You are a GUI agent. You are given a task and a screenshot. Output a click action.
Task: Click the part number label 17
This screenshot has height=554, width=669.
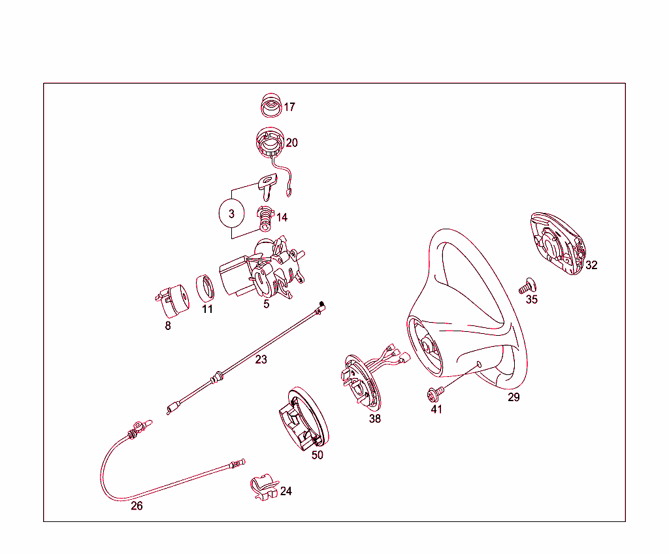click(289, 107)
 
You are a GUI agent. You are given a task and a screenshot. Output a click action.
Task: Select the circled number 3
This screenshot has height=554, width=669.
click(231, 214)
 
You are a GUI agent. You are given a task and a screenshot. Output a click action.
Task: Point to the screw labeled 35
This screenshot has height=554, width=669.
click(527, 285)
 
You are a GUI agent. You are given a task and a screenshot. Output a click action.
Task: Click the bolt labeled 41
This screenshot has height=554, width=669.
click(433, 393)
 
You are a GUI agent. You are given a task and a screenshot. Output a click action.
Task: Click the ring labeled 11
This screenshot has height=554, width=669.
click(206, 287)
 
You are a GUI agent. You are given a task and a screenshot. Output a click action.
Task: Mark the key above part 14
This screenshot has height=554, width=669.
click(269, 187)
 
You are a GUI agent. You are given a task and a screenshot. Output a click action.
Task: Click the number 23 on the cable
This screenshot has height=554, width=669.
click(261, 359)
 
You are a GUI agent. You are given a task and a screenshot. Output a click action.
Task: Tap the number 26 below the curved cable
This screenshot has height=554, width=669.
click(137, 506)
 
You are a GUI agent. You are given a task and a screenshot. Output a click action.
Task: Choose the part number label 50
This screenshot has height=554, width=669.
click(317, 455)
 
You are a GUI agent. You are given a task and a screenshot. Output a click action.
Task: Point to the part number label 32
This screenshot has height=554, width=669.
click(591, 265)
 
